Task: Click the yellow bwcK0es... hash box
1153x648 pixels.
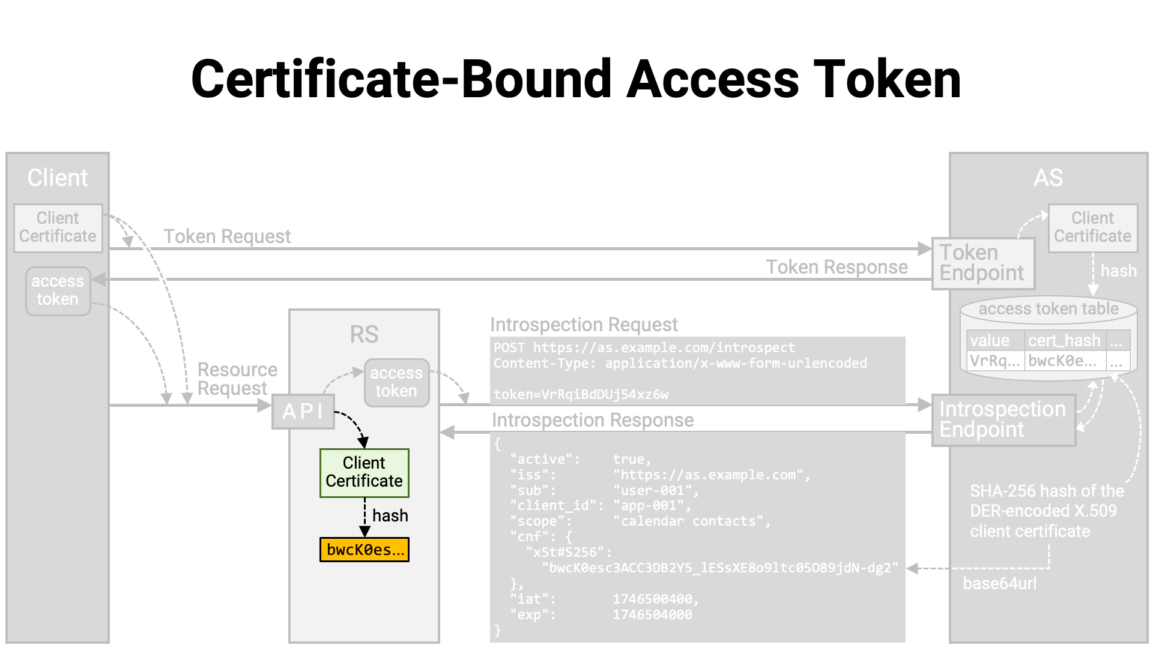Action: tap(364, 550)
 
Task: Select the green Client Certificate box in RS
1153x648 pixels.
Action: tap(364, 473)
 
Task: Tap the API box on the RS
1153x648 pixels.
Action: tap(303, 412)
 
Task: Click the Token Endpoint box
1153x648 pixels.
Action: tap(982, 263)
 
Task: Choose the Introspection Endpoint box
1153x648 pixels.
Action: tap(1003, 420)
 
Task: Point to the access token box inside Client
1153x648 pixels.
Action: tap(58, 291)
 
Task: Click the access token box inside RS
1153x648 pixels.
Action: tap(396, 383)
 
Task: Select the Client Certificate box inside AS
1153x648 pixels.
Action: tap(1092, 228)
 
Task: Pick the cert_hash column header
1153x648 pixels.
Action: tap(1064, 341)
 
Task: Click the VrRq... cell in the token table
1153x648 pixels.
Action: tap(994, 361)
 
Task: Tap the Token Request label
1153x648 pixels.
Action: tap(227, 236)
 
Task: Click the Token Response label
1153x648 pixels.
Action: tap(837, 267)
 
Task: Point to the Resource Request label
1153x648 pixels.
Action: tap(237, 379)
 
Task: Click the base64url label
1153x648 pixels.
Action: tap(999, 584)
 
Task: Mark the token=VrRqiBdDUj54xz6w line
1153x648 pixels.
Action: tap(581, 395)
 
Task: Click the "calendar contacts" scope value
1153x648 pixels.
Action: tap(691, 521)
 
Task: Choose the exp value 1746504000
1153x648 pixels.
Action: tap(652, 615)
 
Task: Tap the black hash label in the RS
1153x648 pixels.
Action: tap(390, 515)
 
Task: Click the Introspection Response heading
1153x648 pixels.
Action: tap(593, 421)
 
